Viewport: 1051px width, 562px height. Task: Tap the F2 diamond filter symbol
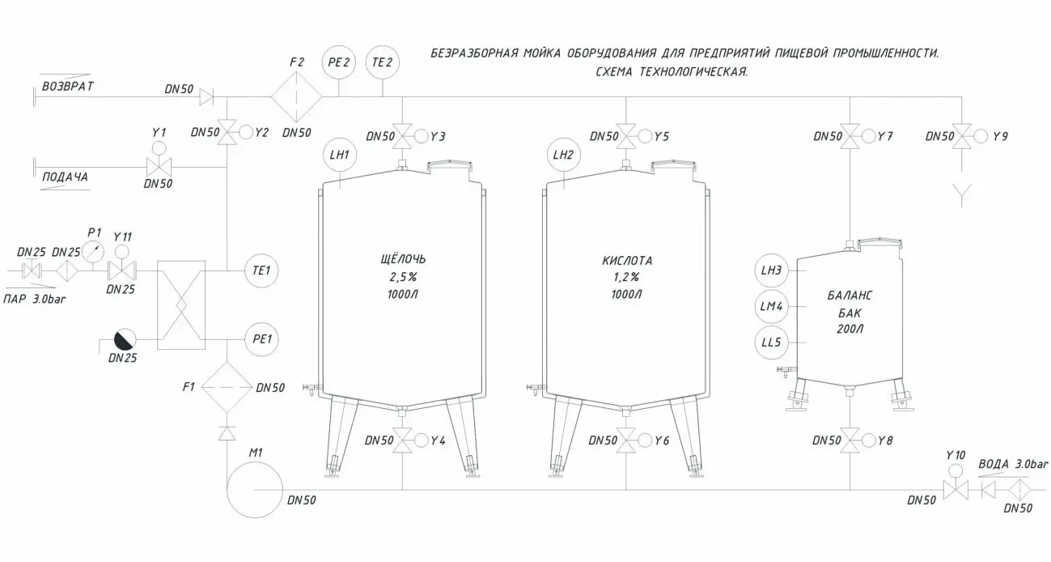[x=296, y=96]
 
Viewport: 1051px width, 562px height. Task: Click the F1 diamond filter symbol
[x=227, y=387]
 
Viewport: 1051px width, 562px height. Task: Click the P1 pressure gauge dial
[x=93, y=252]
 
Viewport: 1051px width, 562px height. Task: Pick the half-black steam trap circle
[x=125, y=339]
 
